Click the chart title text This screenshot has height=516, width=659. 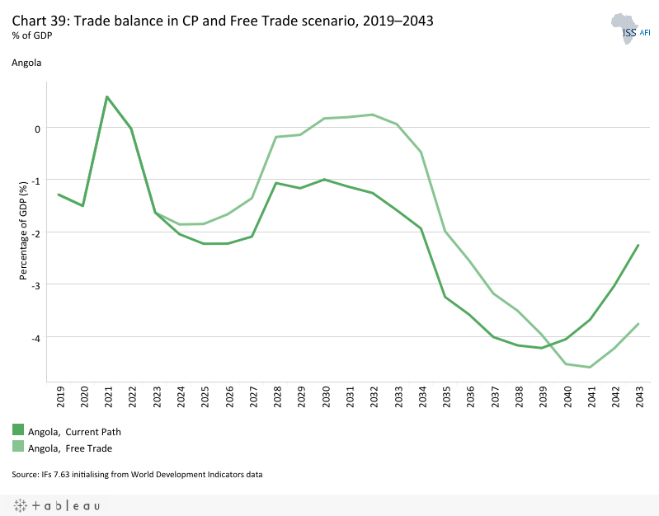[x=222, y=21]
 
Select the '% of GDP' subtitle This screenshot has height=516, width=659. [x=32, y=35]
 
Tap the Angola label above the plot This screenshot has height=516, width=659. [x=26, y=62]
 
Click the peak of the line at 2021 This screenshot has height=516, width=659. [x=107, y=96]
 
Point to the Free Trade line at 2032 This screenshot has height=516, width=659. [x=373, y=115]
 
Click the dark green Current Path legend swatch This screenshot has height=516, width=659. [x=18, y=429]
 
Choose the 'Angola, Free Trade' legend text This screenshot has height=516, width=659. [x=70, y=448]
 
